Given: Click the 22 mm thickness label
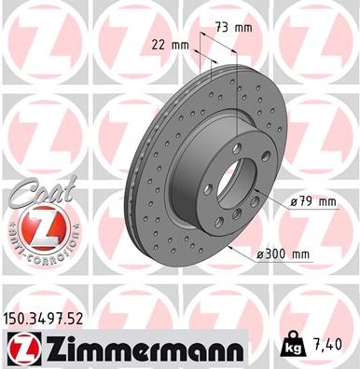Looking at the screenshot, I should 169,44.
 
